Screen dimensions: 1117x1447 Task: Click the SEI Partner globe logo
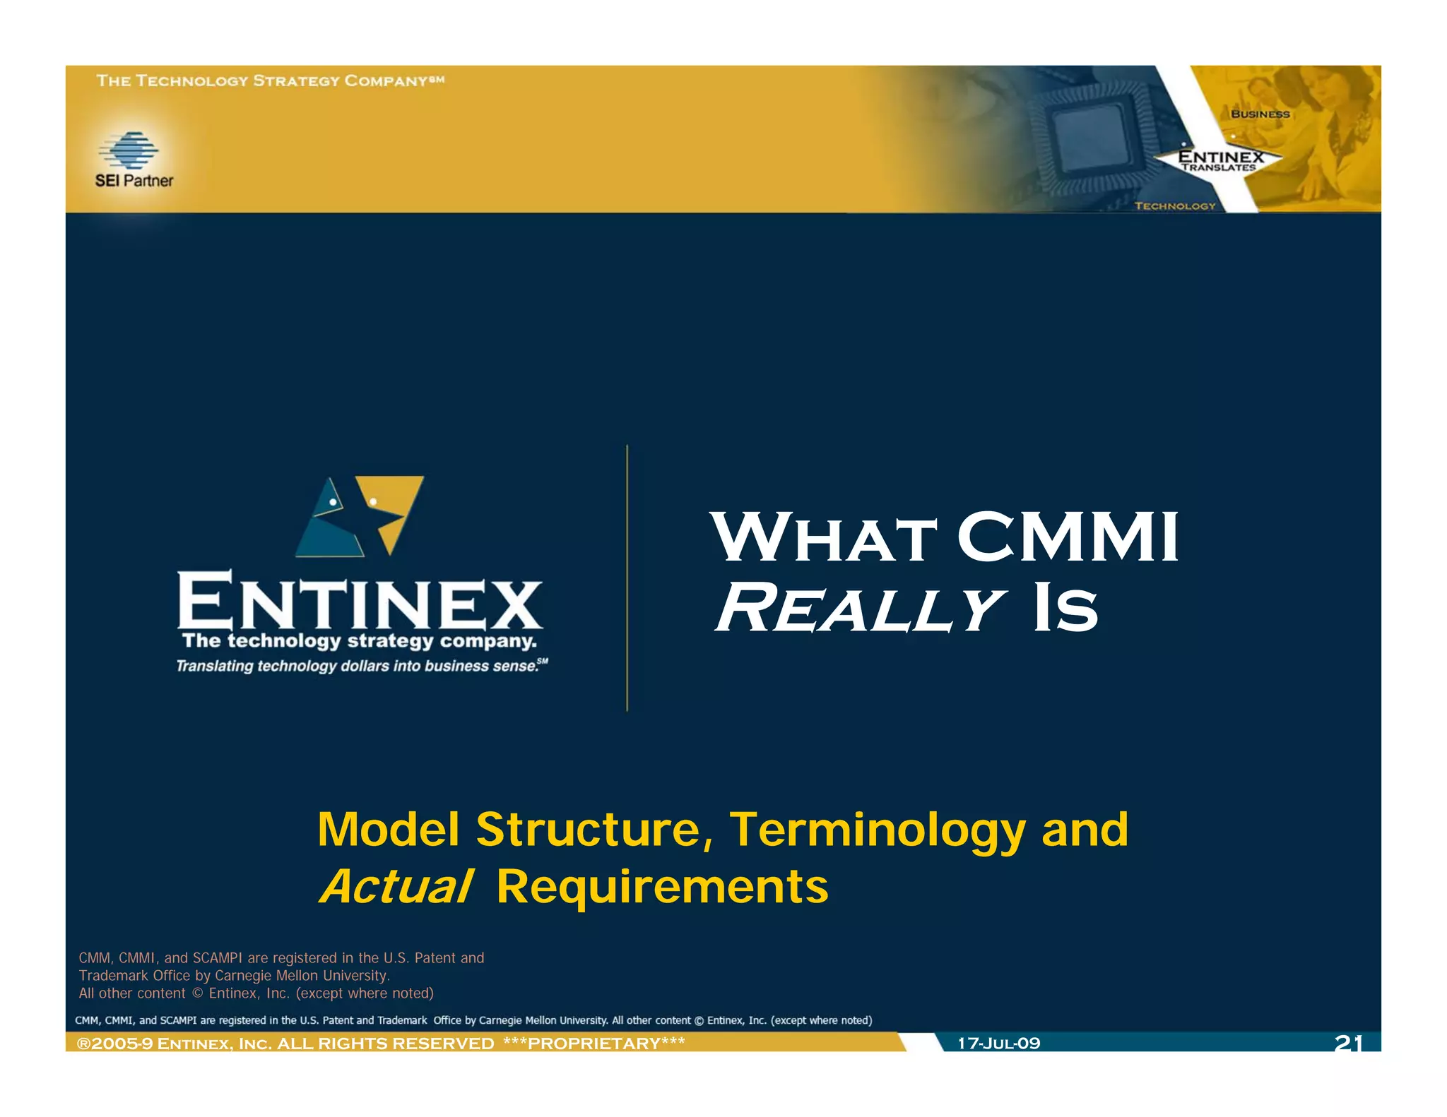(x=129, y=150)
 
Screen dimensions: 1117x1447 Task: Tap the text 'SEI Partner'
(x=134, y=181)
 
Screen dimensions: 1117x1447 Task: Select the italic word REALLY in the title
(x=860, y=609)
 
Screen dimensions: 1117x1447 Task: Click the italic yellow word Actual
(x=396, y=887)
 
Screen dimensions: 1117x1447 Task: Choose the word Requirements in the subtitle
(x=662, y=887)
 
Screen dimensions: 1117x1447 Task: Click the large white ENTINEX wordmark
(x=360, y=602)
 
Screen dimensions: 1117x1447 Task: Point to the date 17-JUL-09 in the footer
(x=998, y=1044)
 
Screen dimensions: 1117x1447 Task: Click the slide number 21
(x=1347, y=1043)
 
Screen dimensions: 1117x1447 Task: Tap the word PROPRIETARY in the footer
(x=593, y=1044)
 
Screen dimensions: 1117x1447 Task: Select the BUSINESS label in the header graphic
(x=1260, y=114)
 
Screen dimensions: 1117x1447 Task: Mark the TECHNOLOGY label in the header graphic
(x=1175, y=206)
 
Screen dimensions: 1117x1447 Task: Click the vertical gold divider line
(x=627, y=578)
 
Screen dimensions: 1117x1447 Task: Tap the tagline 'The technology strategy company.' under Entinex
(x=359, y=641)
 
